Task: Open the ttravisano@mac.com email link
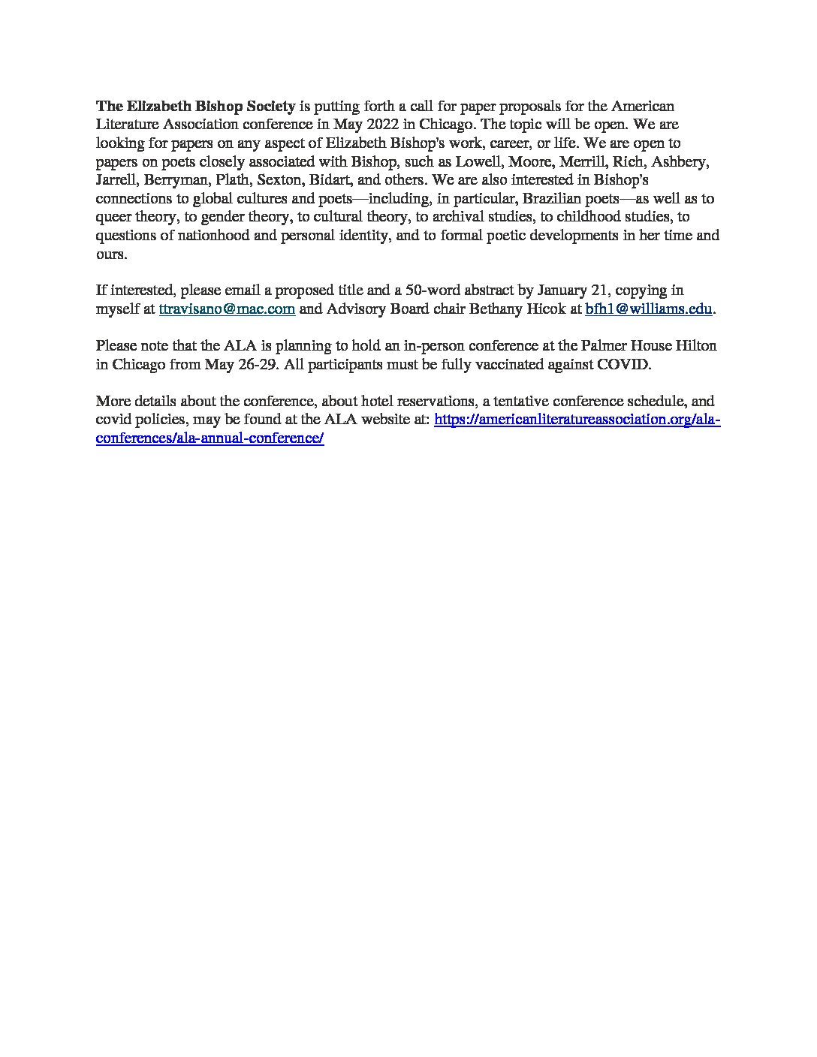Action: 227,309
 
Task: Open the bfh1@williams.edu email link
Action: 648,309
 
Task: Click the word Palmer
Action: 601,346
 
